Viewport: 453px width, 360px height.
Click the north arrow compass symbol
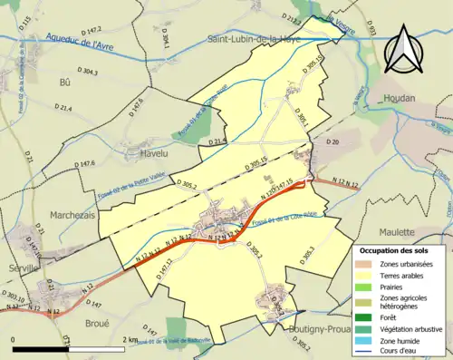[x=404, y=49]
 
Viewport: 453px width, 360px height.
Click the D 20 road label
[x=331, y=142]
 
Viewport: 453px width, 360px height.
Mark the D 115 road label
[x=24, y=22]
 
